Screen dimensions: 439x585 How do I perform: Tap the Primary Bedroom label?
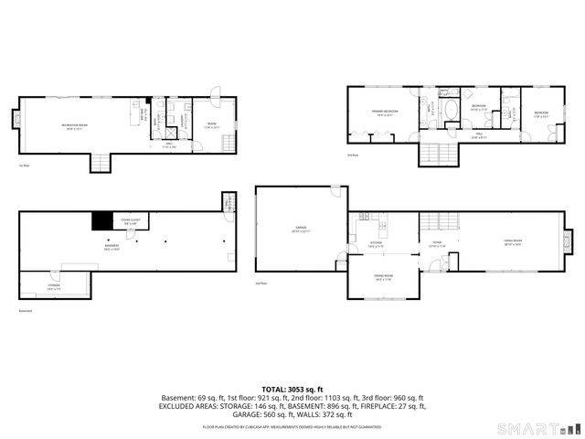[x=382, y=112]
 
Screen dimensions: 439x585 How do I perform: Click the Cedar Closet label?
[x=124, y=222]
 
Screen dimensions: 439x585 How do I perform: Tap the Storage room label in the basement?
[x=54, y=286]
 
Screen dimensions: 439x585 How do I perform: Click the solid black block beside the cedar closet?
[x=100, y=220]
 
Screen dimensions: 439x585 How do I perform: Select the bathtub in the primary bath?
[x=450, y=116]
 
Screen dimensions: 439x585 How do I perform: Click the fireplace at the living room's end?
[x=569, y=242]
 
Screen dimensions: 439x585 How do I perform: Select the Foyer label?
[x=437, y=244]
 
